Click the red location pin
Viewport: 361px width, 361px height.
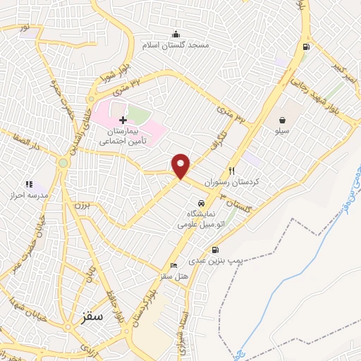pos(181,166)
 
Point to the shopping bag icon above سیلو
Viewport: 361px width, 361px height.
pos(282,120)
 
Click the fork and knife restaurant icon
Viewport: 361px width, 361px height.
pos(231,171)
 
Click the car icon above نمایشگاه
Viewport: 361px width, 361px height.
pos(201,202)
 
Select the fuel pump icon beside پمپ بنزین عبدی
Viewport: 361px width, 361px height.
pos(215,250)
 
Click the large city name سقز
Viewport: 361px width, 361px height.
pos(90,318)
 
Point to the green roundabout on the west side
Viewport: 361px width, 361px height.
pos(63,163)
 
